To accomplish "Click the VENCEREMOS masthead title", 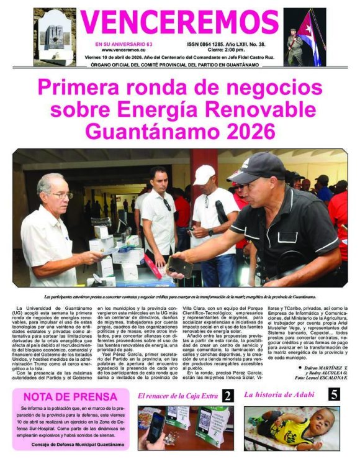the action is [x=180, y=23].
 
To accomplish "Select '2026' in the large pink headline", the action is [x=247, y=131].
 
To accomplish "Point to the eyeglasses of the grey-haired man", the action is [x=63, y=195].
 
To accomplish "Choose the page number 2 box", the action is [x=228, y=396].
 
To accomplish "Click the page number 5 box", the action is [x=334, y=394].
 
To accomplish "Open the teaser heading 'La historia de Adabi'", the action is [x=279, y=394].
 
